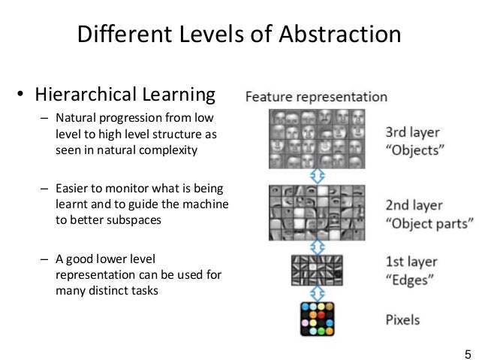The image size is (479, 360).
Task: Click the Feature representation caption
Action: (x=316, y=97)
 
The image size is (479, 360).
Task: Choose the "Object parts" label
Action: (x=429, y=224)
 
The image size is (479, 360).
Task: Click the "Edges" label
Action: (x=410, y=280)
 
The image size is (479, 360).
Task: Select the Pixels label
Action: (x=402, y=319)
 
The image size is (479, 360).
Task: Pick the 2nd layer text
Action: (x=414, y=205)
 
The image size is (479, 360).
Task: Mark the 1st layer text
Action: (x=411, y=262)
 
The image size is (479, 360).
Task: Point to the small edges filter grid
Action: (x=316, y=270)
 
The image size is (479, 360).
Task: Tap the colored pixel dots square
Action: (x=317, y=319)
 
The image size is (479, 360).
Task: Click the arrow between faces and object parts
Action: (x=316, y=175)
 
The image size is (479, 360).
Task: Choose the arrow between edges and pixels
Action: (x=316, y=294)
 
